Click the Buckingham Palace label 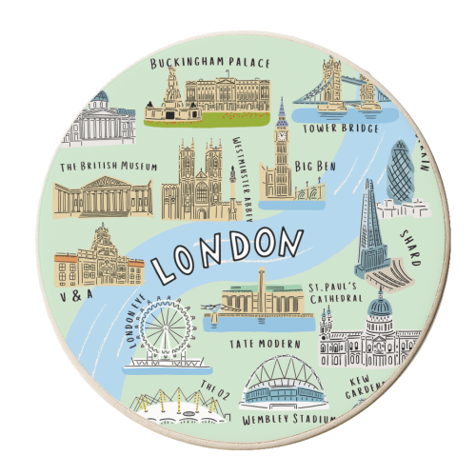(210, 64)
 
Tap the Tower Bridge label (341, 126)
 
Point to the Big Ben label (316, 167)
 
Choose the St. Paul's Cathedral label (335, 290)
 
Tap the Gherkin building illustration (400, 171)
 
